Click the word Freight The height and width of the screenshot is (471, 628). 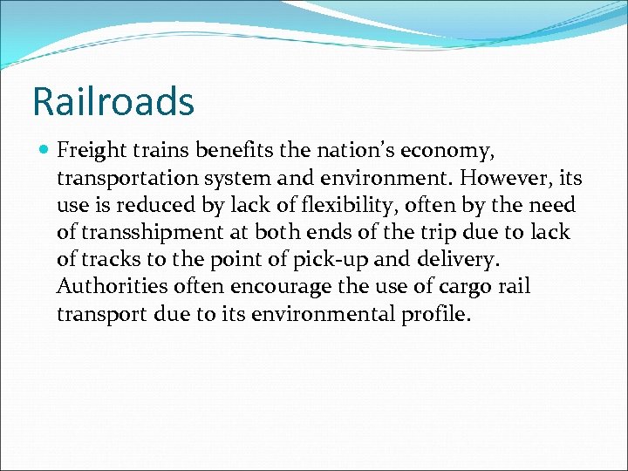click(91, 152)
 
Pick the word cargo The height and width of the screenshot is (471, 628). click(435, 287)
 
